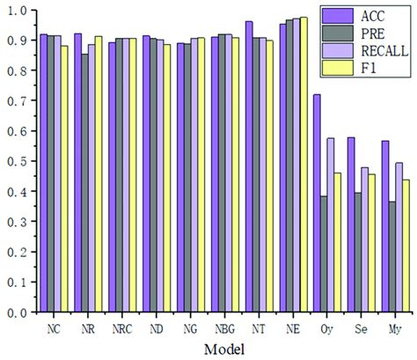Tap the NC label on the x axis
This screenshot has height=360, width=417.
click(54, 328)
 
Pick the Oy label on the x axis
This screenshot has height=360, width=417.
click(326, 328)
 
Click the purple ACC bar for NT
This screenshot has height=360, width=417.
click(249, 166)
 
